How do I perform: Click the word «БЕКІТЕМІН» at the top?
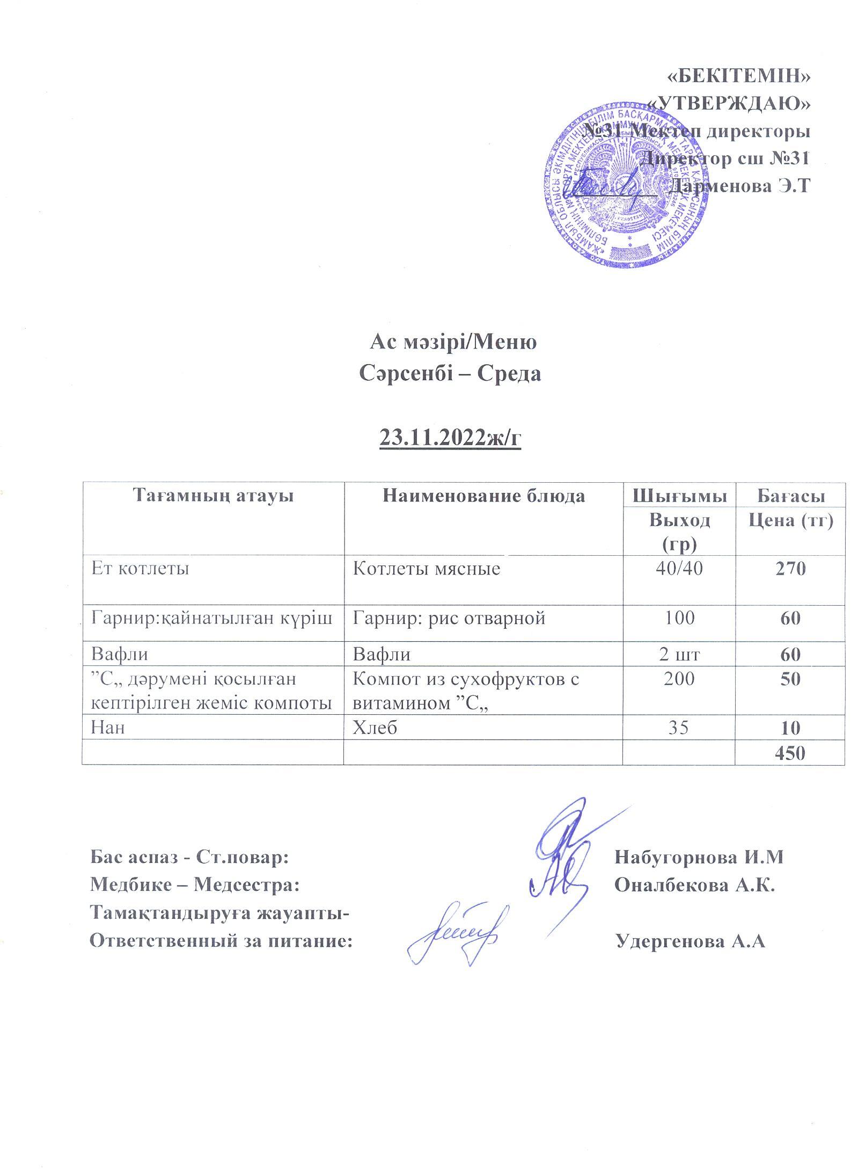[738, 77]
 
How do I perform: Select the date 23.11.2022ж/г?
[450, 439]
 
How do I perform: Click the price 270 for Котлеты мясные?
[790, 569]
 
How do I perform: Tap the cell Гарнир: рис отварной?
[449, 618]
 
